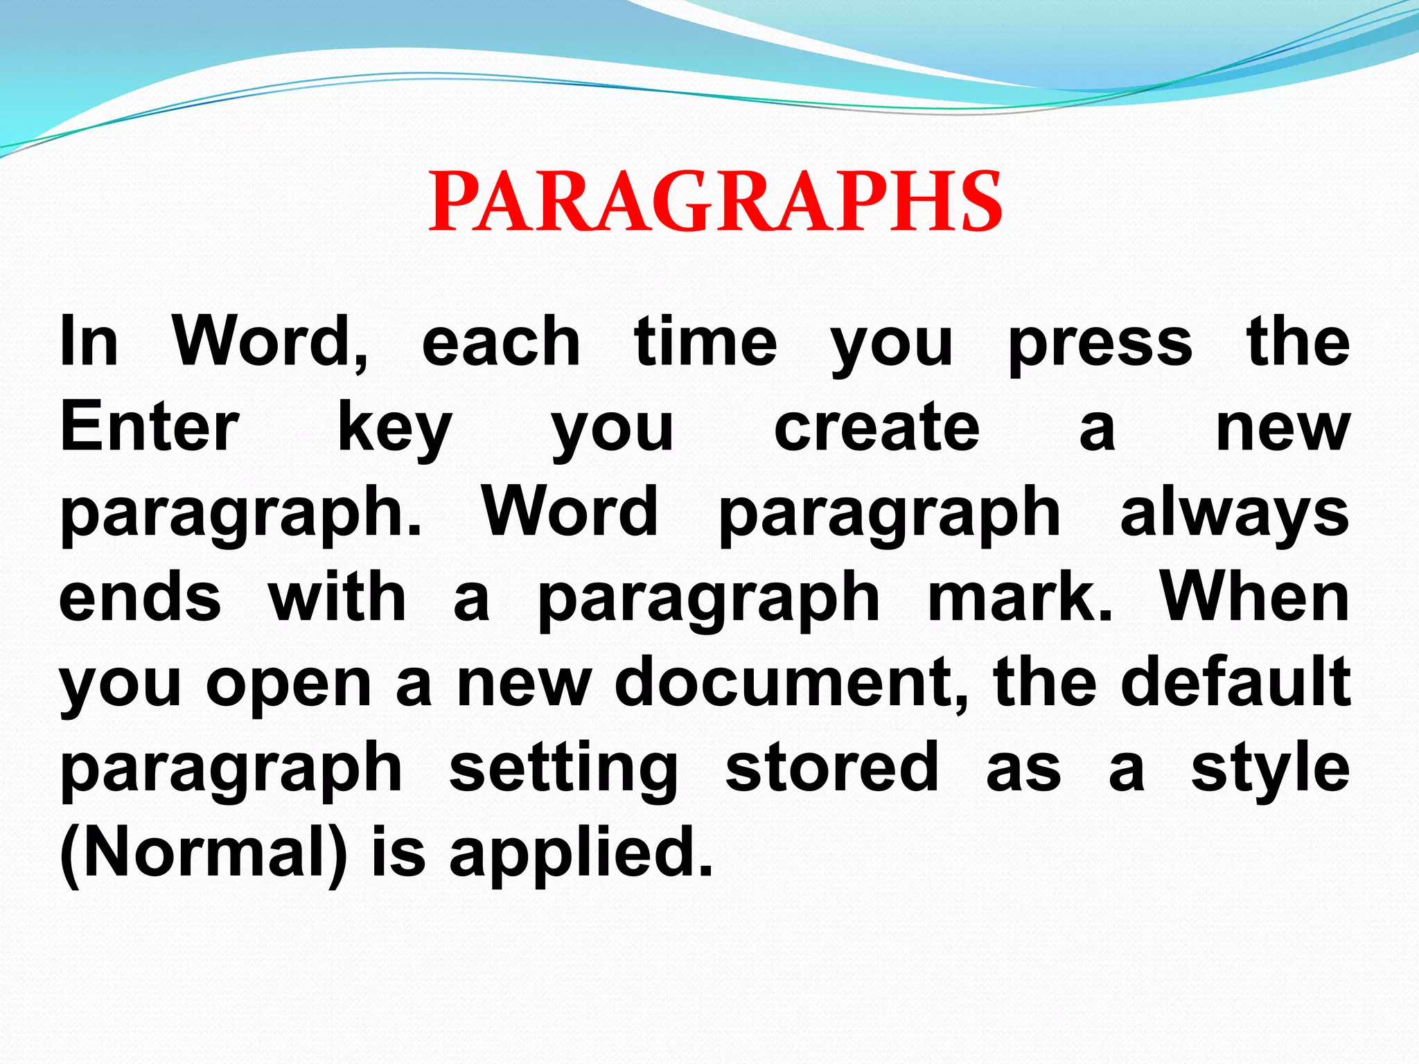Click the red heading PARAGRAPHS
[x=715, y=202]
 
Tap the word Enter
[x=150, y=427]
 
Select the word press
[x=1100, y=344]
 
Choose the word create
[x=876, y=427]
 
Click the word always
[x=1235, y=515]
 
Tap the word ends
[x=140, y=598]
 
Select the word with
[x=337, y=598]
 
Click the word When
[x=1255, y=598]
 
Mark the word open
[x=289, y=686]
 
